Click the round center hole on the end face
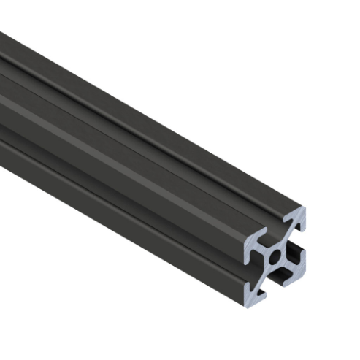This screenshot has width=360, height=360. coord(276,256)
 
